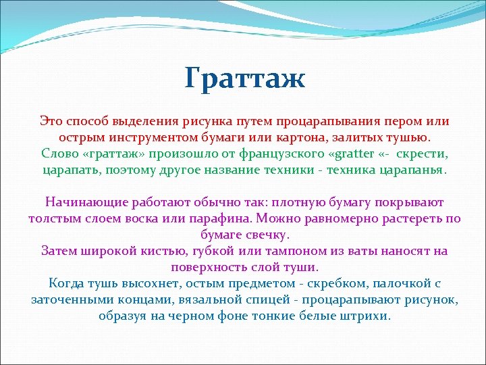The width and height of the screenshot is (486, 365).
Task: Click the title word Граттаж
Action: [245, 79]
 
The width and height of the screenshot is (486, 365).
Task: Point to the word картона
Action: [315, 138]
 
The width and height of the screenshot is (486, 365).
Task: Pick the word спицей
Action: [275, 300]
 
